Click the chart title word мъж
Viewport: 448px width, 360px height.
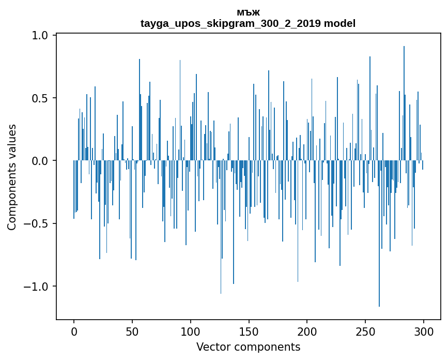248,12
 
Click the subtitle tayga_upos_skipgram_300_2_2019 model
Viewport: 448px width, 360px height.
248,23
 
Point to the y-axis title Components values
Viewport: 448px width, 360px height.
12,177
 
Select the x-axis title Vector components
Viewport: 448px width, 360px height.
248,347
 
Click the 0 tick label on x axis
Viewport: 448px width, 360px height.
74,331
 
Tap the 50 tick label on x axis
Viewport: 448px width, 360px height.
132,331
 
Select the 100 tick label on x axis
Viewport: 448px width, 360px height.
191,331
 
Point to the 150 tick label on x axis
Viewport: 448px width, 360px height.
249,331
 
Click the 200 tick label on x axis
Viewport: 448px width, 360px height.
307,331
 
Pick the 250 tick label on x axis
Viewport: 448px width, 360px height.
365,331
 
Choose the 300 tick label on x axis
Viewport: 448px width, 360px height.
424,331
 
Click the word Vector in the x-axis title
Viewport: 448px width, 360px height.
212,347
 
